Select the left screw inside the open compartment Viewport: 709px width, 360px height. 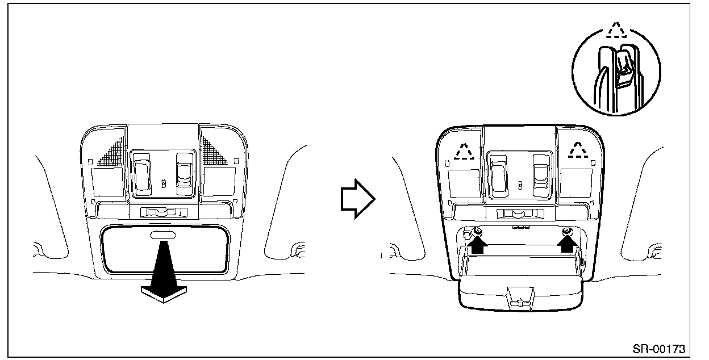tap(478, 231)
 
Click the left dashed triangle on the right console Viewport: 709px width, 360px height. tap(465, 150)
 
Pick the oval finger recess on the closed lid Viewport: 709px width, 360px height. tap(163, 235)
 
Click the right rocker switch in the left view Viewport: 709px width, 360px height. tap(183, 170)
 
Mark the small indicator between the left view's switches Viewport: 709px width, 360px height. tap(164, 183)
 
